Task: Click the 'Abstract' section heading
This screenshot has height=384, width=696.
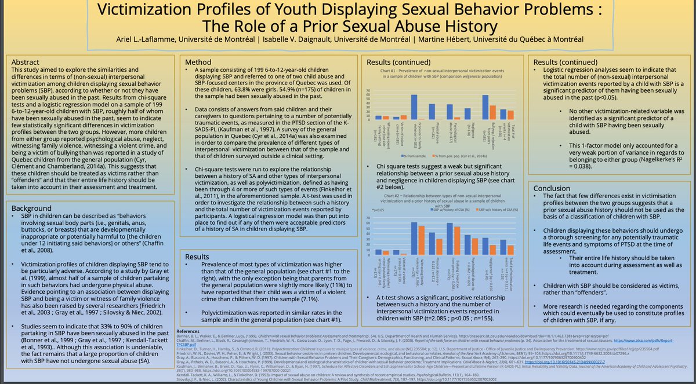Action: click(27, 61)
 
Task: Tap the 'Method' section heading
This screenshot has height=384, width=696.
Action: click(198, 62)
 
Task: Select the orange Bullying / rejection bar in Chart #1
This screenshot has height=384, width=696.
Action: click(492, 113)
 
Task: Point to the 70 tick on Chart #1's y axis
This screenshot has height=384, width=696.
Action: click(369, 91)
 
